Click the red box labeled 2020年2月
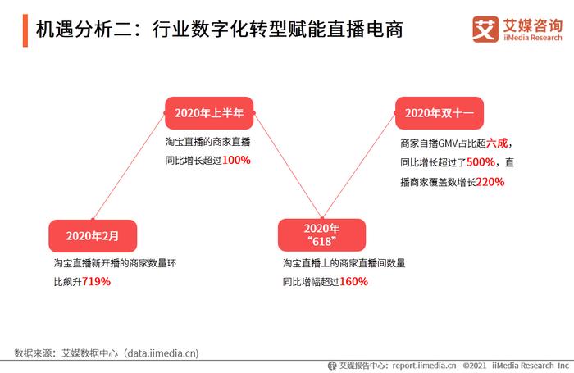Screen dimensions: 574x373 pos(93,236)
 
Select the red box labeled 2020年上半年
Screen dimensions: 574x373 pos(209,113)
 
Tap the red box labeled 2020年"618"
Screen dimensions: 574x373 pos(321,234)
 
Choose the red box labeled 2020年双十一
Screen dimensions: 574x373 pos(440,113)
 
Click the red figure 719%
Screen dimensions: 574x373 pos(96,281)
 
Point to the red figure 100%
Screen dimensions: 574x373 pos(236,160)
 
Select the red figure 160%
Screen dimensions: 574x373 pos(353,281)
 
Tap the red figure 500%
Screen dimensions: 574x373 pos(481,162)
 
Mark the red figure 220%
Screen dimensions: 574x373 pos(490,181)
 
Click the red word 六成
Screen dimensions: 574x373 pos(497,143)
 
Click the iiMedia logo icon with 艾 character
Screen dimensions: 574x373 pos(485,30)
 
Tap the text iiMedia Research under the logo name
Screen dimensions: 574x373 pos(533,38)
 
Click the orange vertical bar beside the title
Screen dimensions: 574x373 pos(25,30)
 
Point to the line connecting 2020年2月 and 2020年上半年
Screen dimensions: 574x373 pos(129,166)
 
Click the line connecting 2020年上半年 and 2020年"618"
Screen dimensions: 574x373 pos(288,166)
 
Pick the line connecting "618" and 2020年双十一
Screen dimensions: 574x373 pos(359,166)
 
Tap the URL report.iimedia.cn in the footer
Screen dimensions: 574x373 pos(424,366)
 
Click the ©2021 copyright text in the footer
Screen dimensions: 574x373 pos(475,366)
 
